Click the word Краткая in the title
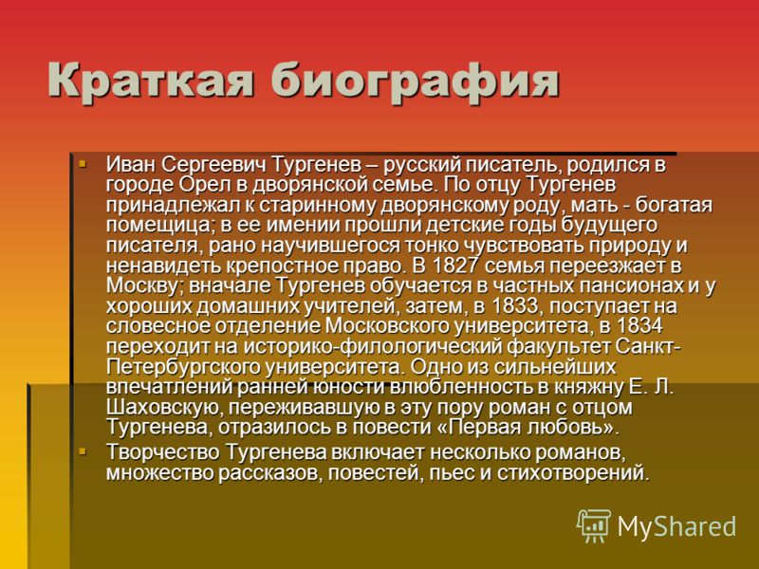point(151,80)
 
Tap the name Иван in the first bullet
point(131,164)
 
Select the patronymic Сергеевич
point(214,165)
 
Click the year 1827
point(457,266)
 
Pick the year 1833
point(514,306)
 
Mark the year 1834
point(639,326)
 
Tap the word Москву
point(145,286)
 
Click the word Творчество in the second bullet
point(164,453)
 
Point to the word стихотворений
point(572,472)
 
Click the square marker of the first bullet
point(83,163)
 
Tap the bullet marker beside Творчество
point(83,452)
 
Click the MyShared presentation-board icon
point(594,526)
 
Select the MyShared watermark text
point(676,526)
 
